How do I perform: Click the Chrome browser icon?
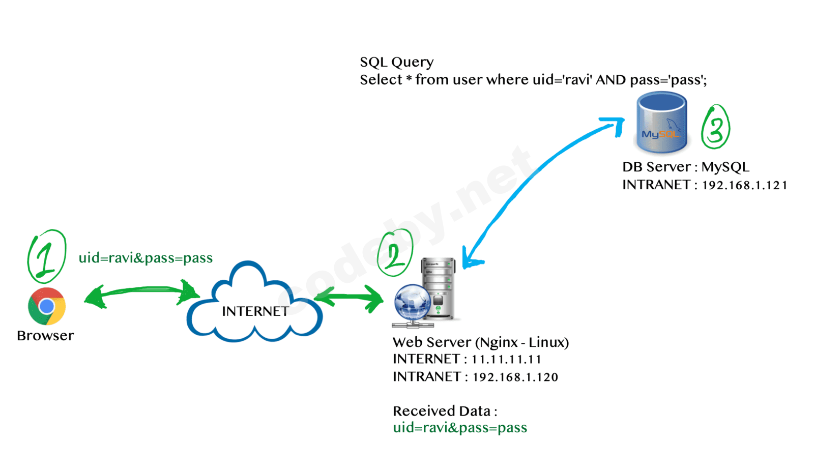pos(46,306)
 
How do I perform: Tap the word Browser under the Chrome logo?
pos(45,336)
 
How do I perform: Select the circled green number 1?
pos(46,256)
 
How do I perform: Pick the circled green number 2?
pos(395,253)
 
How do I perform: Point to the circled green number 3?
pos(715,127)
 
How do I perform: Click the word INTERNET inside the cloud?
pos(255,311)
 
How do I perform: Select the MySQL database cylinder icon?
pos(661,123)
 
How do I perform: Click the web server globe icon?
pos(412,302)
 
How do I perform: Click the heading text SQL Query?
pos(396,62)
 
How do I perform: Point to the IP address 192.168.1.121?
pos(744,185)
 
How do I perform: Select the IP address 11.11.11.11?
pos(506,360)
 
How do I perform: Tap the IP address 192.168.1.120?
pos(515,377)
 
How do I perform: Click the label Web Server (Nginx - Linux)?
pos(480,342)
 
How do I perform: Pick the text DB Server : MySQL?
pos(685,167)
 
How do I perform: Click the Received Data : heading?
pos(445,411)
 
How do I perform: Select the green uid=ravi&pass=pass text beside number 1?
pos(146,258)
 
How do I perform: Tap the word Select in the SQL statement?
pos(381,80)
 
